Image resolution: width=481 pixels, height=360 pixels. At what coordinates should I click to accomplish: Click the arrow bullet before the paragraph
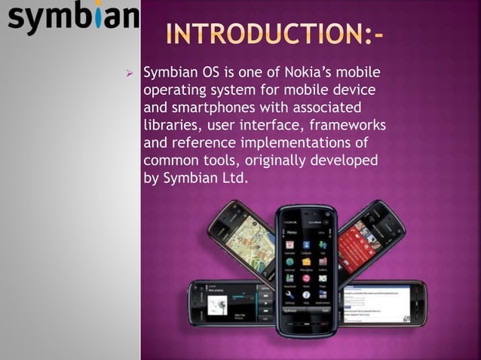[x=130, y=74]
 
